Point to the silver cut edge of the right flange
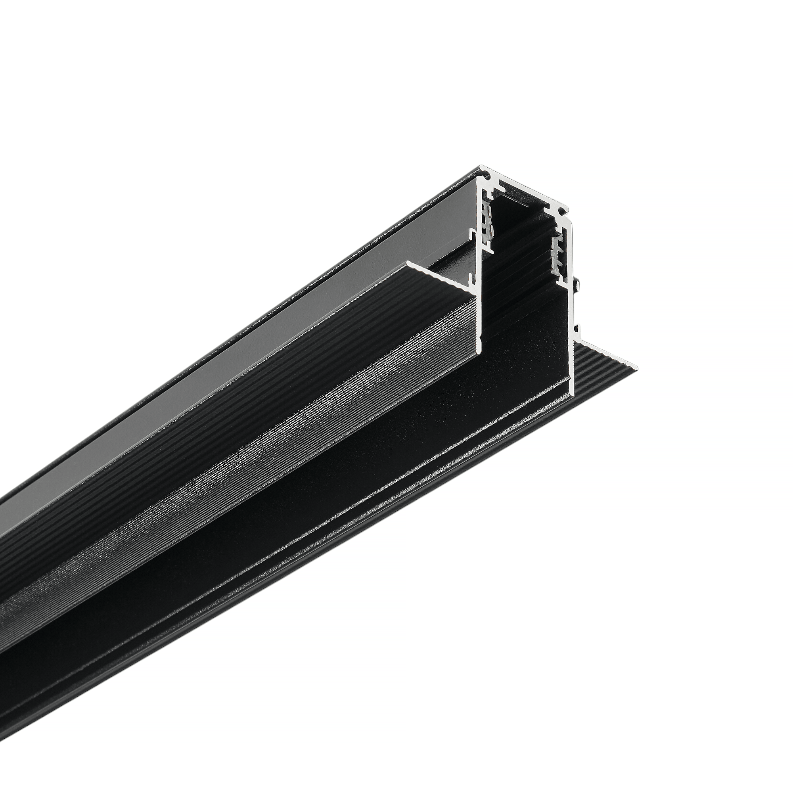click(x=607, y=349)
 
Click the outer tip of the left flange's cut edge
click(x=408, y=261)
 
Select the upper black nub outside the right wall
click(x=578, y=283)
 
